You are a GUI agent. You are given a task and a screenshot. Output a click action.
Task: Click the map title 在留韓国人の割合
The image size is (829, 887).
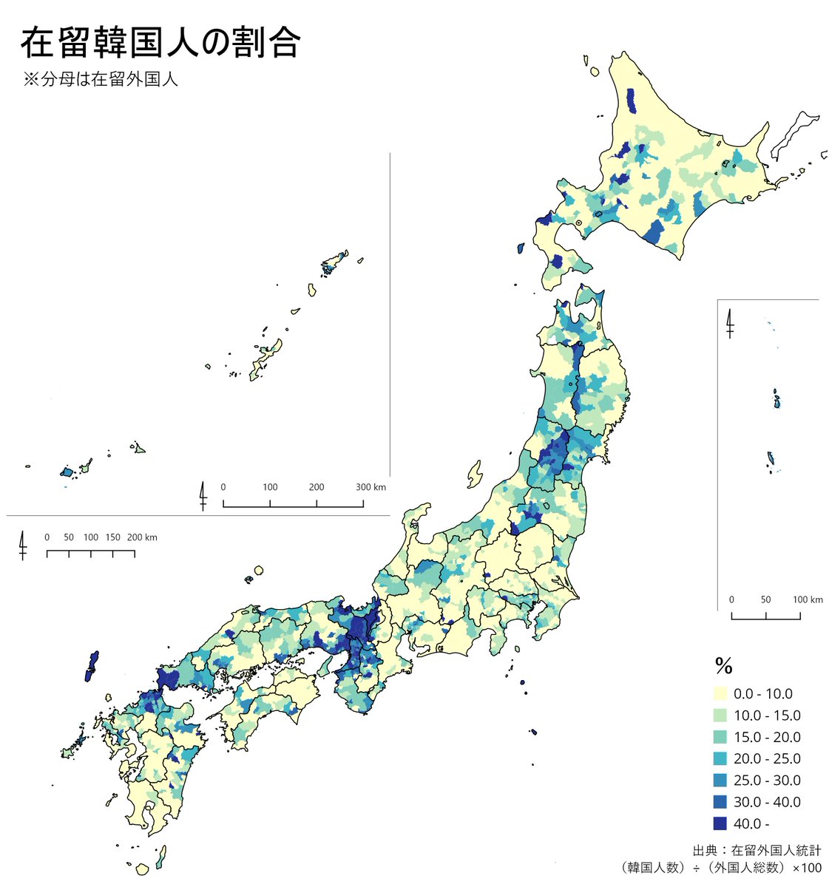point(160,43)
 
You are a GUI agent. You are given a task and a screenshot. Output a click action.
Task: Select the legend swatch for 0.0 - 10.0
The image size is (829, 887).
point(720,694)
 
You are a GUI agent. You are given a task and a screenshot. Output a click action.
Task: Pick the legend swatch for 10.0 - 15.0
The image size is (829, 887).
point(720,716)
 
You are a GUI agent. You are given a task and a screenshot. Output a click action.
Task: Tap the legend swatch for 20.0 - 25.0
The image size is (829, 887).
point(720,759)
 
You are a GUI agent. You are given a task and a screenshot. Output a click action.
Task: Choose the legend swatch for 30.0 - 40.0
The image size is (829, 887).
point(720,802)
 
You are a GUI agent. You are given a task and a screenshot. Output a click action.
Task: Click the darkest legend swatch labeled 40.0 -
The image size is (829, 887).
point(720,823)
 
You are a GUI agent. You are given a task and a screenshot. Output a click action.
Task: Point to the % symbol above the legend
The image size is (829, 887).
point(723,667)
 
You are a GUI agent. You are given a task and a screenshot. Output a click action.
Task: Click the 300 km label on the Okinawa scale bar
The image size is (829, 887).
point(370,487)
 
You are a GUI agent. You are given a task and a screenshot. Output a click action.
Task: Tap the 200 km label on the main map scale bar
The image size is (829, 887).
point(142,537)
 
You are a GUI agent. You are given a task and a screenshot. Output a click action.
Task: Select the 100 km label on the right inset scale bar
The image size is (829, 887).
point(808,599)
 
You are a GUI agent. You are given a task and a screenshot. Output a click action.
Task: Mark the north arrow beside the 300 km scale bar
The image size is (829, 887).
point(203,495)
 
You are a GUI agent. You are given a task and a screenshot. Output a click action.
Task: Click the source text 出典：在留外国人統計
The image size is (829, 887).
point(757,851)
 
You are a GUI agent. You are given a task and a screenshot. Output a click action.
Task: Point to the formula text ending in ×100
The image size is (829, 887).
point(720,868)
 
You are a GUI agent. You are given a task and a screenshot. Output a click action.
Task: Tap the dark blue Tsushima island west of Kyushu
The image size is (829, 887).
point(92,665)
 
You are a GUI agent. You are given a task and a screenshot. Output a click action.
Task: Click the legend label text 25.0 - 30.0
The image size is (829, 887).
point(767,781)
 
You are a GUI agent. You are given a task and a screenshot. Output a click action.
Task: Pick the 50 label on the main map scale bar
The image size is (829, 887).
point(69,537)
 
